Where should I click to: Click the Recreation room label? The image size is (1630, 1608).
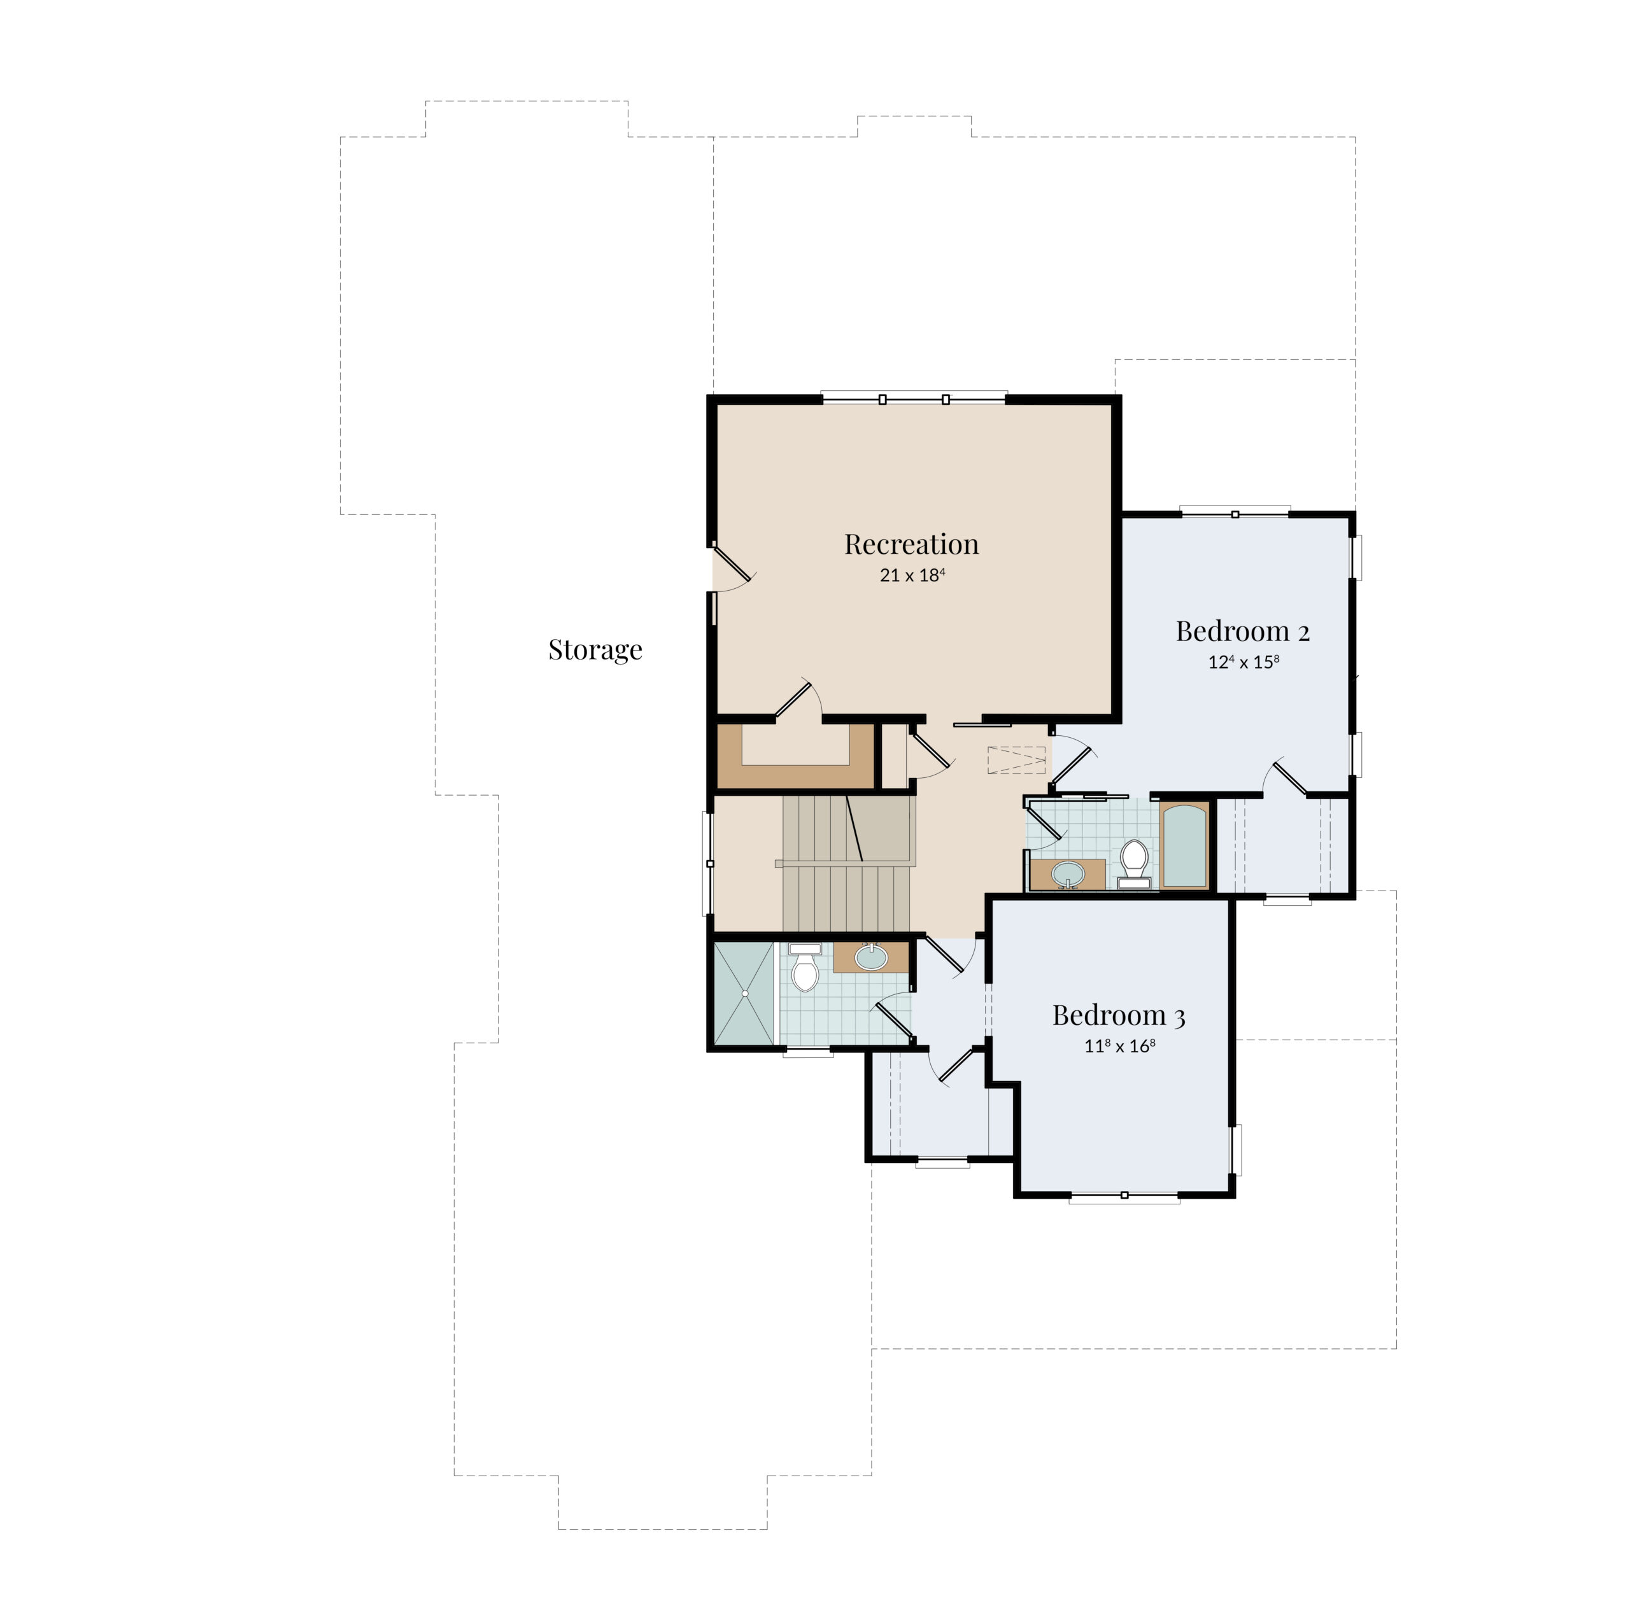(911, 544)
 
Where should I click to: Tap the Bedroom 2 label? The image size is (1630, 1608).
(1243, 631)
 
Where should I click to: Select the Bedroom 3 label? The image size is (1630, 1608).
(1119, 1015)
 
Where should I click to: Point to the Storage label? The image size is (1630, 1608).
(595, 649)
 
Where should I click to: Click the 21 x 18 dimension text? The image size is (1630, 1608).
(912, 575)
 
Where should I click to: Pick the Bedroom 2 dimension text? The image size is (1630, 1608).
(1244, 662)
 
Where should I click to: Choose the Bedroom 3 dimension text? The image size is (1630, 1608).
(1119, 1046)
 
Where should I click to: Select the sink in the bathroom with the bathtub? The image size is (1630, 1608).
(1068, 874)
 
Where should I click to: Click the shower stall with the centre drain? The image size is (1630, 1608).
(744, 993)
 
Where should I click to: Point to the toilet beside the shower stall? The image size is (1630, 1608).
(805, 967)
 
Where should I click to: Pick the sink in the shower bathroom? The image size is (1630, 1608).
(870, 957)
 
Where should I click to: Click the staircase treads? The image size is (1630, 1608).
(846, 864)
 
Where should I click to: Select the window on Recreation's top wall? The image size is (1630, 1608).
(914, 398)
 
